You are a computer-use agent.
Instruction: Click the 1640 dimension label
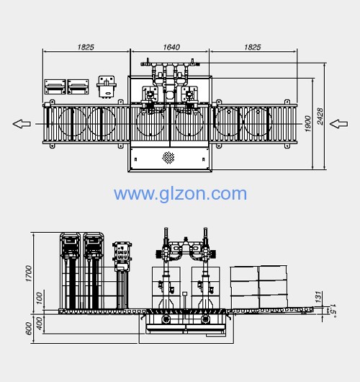tap(171, 47)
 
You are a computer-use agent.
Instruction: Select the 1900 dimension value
tap(308, 124)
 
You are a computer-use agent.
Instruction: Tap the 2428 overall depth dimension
tap(320, 116)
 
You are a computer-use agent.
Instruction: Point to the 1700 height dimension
tap(29, 273)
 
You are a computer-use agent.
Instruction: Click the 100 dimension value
tap(39, 298)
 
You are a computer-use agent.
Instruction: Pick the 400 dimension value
tap(39, 323)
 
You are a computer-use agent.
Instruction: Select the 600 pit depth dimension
tap(29, 329)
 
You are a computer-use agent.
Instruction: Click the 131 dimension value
tap(318, 297)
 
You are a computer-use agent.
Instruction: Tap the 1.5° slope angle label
tap(332, 311)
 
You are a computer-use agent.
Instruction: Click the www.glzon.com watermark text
tap(181, 194)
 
